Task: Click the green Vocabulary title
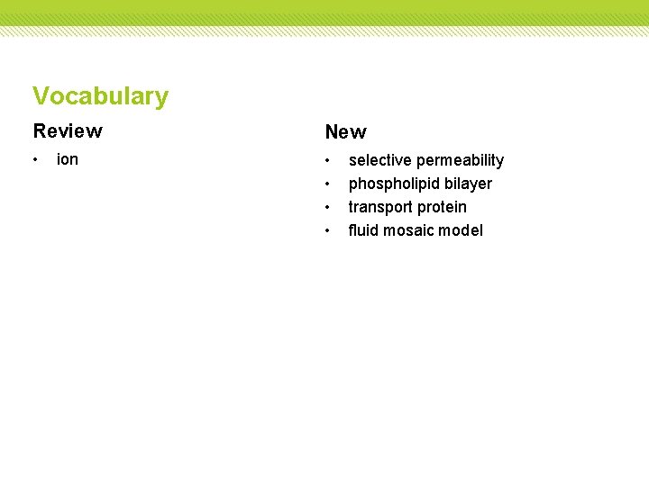(x=100, y=96)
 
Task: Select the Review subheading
(x=68, y=131)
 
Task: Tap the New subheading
(x=345, y=132)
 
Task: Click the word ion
(x=68, y=160)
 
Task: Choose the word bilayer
(x=468, y=184)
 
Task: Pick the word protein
(x=443, y=207)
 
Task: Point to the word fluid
(x=363, y=230)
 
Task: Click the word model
(x=462, y=230)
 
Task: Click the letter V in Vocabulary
(x=41, y=96)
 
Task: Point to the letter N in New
(x=333, y=132)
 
